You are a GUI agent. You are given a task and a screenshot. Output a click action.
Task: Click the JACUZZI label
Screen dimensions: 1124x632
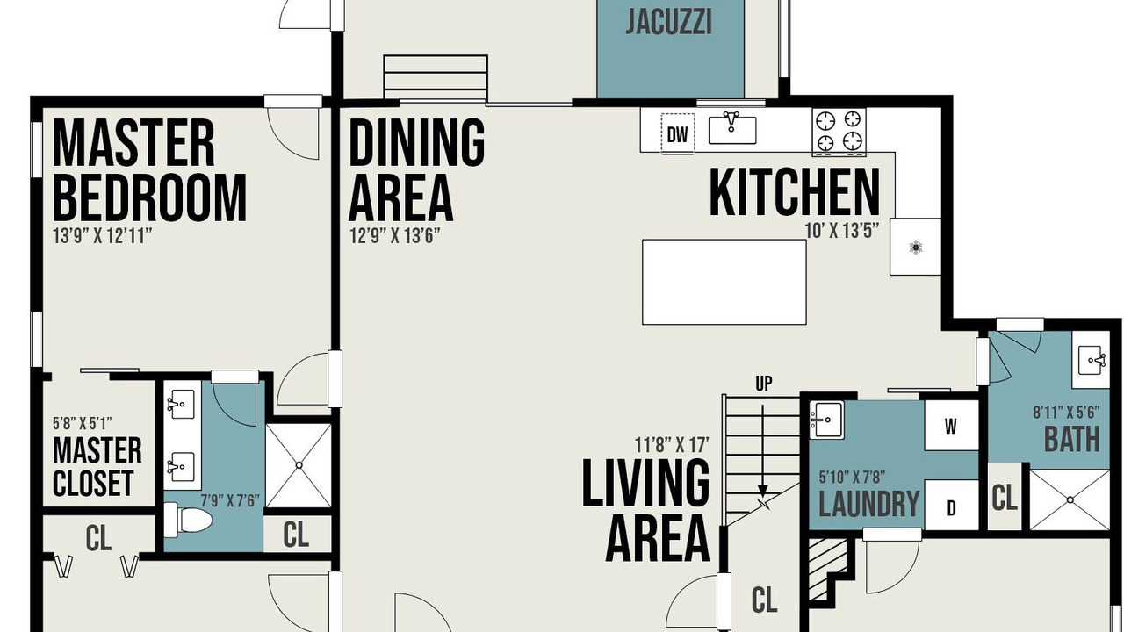pos(668,23)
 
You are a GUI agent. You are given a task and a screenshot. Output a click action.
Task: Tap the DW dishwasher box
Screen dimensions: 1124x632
pos(677,134)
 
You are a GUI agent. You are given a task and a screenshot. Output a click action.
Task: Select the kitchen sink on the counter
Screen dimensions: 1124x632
pos(732,129)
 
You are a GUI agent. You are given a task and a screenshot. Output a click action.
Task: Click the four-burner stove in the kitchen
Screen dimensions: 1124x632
pos(839,132)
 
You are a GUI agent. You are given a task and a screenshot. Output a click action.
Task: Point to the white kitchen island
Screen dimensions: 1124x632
pos(724,282)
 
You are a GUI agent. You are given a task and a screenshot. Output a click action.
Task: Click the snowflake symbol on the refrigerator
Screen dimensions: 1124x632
pos(916,248)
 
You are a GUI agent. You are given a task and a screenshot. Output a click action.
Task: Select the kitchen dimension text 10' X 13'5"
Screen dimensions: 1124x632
pos(842,231)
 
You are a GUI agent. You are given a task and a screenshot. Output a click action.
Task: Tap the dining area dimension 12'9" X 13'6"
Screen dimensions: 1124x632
pos(394,235)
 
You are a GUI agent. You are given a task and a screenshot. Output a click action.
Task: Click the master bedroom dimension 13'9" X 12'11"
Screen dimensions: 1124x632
pos(103,235)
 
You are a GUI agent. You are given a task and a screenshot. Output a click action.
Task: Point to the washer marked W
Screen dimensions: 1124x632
pos(951,427)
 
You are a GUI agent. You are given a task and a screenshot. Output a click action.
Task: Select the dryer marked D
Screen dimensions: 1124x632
pos(951,506)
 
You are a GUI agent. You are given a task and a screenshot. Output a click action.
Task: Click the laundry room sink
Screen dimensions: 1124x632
pos(826,420)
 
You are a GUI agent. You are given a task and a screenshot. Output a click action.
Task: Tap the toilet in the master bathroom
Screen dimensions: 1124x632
pos(188,520)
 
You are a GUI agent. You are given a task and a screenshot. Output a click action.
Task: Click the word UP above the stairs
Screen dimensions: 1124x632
pos(764,384)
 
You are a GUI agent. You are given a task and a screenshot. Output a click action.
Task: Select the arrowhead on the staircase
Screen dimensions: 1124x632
pos(763,490)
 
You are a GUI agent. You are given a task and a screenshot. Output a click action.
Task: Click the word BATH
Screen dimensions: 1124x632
pos(1072,440)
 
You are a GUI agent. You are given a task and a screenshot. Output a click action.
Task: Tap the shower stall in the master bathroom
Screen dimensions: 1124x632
pos(299,465)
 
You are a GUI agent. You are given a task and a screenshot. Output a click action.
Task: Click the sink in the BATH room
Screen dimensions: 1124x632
pos(1091,360)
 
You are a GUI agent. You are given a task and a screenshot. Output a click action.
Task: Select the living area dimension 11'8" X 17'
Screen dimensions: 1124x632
pos(672,444)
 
